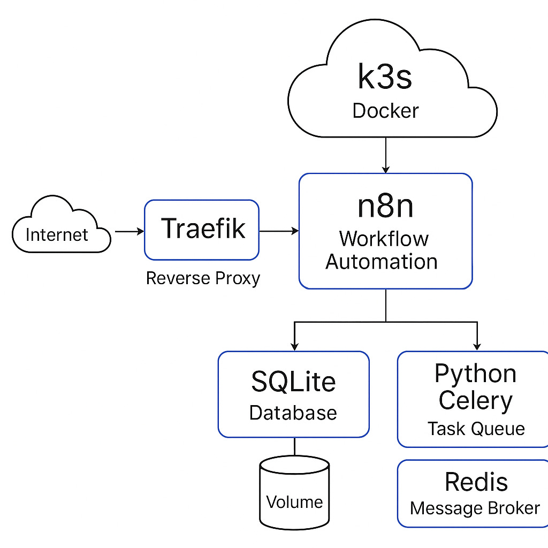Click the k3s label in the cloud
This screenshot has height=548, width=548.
click(x=385, y=76)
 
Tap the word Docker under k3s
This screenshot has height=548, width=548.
click(x=385, y=111)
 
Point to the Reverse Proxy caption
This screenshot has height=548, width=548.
click(x=203, y=278)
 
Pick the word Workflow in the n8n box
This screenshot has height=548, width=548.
click(x=384, y=239)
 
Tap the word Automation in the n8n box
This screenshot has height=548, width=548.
click(x=381, y=261)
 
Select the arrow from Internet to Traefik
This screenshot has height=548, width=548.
click(x=130, y=231)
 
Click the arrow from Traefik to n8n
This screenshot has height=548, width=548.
click(x=279, y=231)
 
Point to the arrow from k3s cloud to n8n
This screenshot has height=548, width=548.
click(x=386, y=155)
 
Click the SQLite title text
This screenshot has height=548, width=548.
click(x=294, y=381)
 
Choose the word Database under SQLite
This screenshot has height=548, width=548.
click(x=293, y=413)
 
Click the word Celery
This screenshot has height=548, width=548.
click(x=475, y=400)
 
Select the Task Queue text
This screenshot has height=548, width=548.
click(x=476, y=429)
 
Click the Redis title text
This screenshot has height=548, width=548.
click(x=476, y=482)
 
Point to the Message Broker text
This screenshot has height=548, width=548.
click(x=475, y=508)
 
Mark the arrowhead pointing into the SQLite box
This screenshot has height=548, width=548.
click(x=295, y=347)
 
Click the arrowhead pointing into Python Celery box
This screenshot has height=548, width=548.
click(x=477, y=347)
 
